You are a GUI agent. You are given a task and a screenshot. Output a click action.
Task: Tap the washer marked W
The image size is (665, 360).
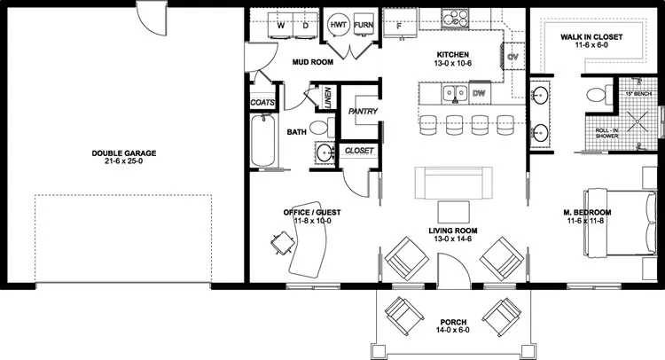(280, 27)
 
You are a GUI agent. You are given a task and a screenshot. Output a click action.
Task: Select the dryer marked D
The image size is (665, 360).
(306, 27)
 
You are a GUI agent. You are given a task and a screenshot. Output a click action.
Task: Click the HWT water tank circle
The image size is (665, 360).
(339, 26)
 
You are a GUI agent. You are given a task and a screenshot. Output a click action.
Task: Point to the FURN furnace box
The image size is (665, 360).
(364, 26)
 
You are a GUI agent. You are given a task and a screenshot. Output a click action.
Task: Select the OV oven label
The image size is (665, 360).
(512, 58)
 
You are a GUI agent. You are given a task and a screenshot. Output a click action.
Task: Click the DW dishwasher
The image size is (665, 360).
(479, 92)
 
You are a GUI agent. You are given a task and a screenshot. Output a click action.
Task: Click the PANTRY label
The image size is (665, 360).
(363, 111)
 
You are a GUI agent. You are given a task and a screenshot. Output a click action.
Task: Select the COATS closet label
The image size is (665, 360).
(262, 103)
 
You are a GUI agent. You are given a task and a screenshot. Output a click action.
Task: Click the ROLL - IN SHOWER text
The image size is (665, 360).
(606, 133)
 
